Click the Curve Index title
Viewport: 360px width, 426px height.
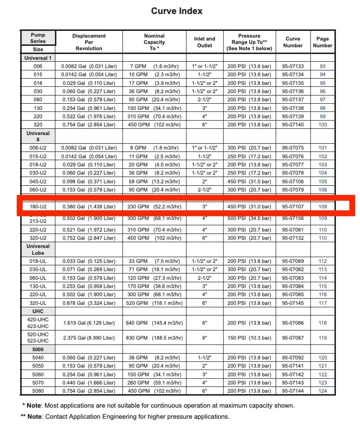coord(177,11)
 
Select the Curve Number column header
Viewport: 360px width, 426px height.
coord(293,42)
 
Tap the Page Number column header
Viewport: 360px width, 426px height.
coord(322,42)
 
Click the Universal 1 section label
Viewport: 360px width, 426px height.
coord(38,58)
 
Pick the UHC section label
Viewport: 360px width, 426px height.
coord(38,312)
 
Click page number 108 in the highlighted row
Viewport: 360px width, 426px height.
coord(322,206)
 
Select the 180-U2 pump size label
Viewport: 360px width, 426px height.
coord(38,206)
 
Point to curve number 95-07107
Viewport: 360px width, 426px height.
coord(293,206)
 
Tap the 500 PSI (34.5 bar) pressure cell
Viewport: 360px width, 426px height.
coord(249,218)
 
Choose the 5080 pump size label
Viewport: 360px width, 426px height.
coord(38,391)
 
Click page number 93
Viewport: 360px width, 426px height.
coord(322,66)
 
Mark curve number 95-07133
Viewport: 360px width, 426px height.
coord(293,66)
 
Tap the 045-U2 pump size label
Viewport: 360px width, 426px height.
coord(38,181)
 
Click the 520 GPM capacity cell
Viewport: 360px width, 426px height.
coord(154,303)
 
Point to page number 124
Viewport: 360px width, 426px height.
coord(322,391)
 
